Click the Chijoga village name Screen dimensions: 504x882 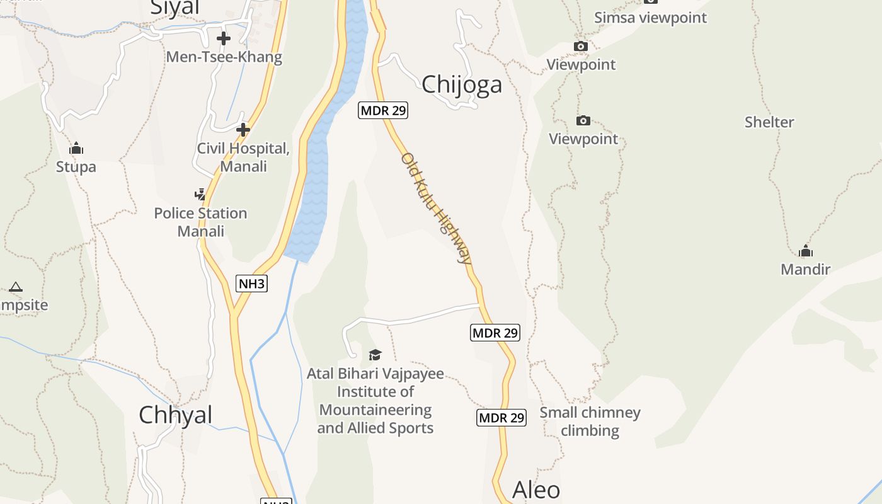(x=462, y=84)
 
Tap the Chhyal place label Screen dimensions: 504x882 (x=175, y=415)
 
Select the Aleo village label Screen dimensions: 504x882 (x=536, y=490)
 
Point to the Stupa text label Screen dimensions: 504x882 (x=76, y=167)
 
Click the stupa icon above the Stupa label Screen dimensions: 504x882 (x=76, y=149)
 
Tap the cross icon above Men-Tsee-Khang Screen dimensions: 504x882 (x=224, y=39)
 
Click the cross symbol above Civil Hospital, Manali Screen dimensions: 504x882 (x=243, y=130)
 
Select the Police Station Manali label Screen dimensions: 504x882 (x=200, y=222)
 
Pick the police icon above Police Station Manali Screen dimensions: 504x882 (x=200, y=194)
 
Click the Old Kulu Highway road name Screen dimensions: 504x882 (x=436, y=208)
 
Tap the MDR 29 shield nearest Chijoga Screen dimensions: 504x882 (x=383, y=110)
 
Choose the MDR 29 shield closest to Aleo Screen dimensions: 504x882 (x=501, y=417)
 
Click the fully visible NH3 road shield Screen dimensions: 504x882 (x=252, y=283)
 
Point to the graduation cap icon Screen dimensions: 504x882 (x=375, y=355)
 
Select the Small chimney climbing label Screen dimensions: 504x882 (x=590, y=421)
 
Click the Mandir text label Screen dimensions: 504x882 (x=805, y=270)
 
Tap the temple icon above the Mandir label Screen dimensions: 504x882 (x=805, y=251)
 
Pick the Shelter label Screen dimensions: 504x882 (x=769, y=122)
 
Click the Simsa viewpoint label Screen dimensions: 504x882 (x=651, y=18)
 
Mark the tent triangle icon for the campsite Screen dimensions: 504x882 (x=16, y=287)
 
